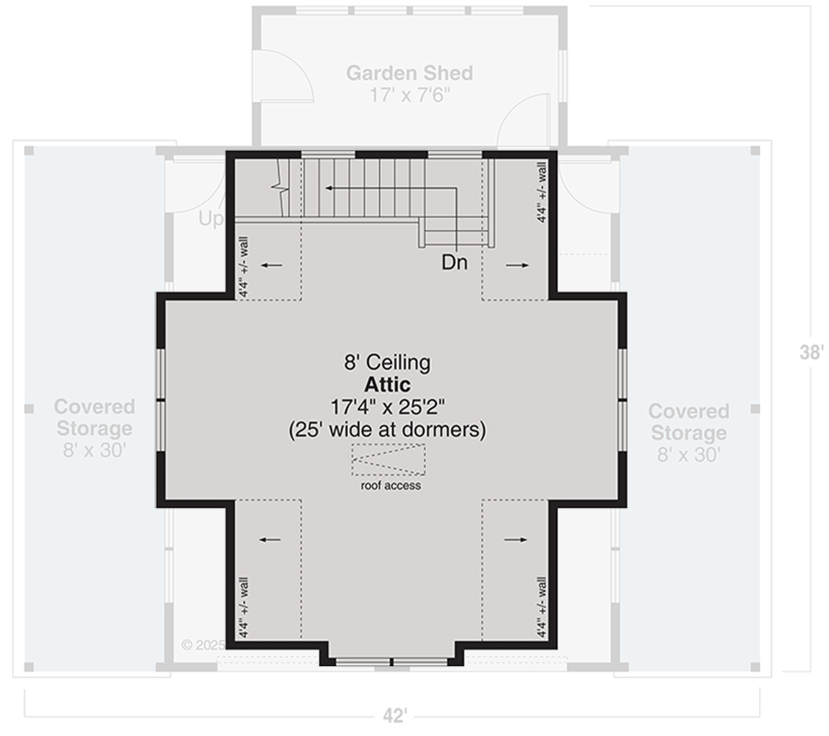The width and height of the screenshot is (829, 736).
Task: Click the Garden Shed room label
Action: click(409, 73)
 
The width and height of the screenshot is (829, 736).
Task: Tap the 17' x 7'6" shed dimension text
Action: click(409, 94)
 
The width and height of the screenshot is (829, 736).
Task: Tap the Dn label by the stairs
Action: click(455, 263)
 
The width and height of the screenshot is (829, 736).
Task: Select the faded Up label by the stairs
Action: click(211, 220)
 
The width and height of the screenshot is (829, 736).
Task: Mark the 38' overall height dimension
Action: click(811, 352)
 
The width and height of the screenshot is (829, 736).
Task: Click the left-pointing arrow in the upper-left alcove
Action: click(271, 265)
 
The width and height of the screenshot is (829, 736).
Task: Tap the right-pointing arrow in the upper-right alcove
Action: click(517, 265)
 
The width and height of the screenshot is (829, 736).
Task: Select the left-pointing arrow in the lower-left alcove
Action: click(271, 541)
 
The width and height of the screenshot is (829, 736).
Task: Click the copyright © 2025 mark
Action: click(199, 645)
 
